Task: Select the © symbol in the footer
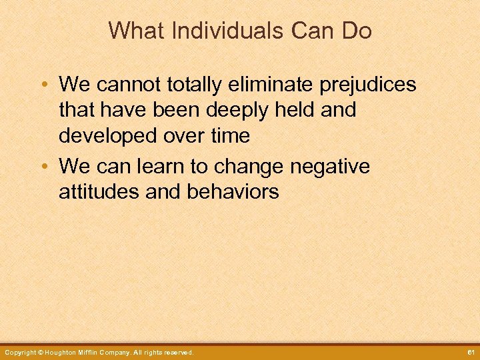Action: pyautogui.click(x=41, y=352)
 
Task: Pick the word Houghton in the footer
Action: pyautogui.click(x=65, y=352)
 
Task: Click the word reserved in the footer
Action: pyautogui.click(x=178, y=352)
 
